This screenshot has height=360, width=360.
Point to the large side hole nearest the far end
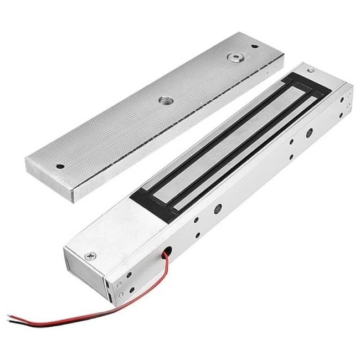(308, 132)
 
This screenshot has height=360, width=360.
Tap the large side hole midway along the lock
(218, 210)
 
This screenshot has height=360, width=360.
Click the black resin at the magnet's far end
(302, 83)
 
